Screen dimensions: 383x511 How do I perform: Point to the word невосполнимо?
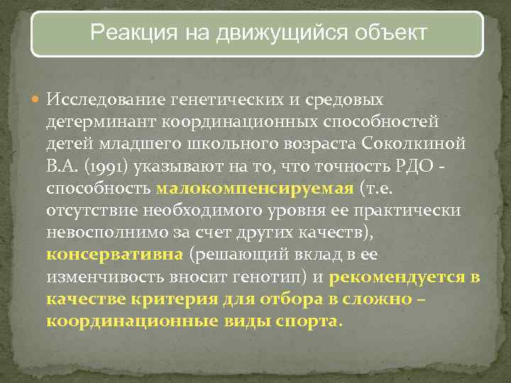click(94, 234)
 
